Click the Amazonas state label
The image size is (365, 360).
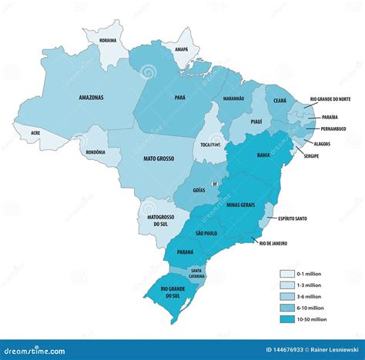pyautogui.click(x=90, y=98)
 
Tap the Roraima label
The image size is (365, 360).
pyautogui.click(x=102, y=40)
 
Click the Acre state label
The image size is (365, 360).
pyautogui.click(x=35, y=132)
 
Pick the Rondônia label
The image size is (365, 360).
pyautogui.click(x=95, y=152)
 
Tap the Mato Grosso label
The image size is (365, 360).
pyautogui.click(x=159, y=158)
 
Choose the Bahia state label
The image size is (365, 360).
pyautogui.click(x=263, y=155)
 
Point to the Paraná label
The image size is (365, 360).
pyautogui.click(x=185, y=252)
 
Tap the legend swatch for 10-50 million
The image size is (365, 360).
pyautogui.click(x=286, y=318)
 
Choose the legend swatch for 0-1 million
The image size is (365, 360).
pyautogui.click(x=286, y=273)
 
